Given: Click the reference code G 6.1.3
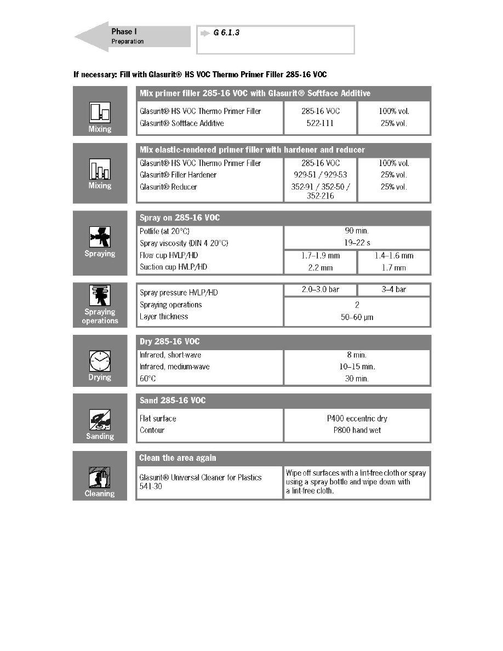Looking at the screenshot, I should point(227,33).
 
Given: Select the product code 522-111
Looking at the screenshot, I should point(321,123).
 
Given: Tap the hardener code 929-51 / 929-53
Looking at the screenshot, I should point(321,175).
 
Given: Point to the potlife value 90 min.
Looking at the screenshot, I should point(357,231).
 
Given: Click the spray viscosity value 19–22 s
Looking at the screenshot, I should point(357,243).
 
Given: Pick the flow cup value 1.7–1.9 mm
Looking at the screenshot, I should point(321,255).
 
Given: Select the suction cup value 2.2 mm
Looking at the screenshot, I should point(321,267).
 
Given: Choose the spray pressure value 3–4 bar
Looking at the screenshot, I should point(393,290).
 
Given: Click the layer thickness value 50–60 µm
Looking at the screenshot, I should point(357,317).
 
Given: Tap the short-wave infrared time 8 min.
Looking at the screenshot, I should point(357,355).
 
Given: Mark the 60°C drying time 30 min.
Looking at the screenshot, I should point(357,379).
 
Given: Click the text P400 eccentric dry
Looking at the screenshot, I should point(357,419).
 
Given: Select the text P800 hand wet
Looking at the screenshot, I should point(357,430).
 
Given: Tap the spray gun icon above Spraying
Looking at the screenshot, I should point(100,237).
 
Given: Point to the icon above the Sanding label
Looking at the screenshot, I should point(100,420).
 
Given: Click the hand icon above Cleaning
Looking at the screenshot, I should point(100,477).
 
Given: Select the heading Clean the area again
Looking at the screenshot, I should point(178,458).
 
